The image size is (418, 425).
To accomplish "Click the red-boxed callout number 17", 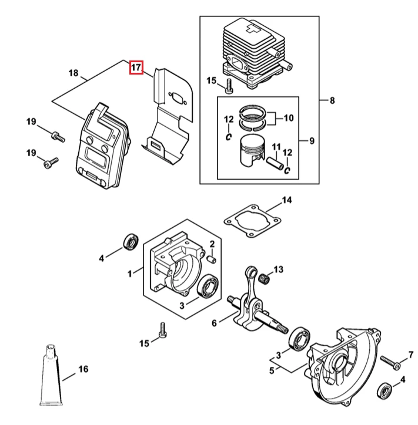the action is click(136, 67).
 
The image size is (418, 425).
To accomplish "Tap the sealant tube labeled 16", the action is click(51, 375).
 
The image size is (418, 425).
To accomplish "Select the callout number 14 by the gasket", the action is click(287, 200).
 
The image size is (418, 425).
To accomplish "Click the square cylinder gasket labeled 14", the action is click(252, 221).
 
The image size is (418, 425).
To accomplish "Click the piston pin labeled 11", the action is click(275, 163).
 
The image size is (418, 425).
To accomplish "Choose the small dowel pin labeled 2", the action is click(212, 259).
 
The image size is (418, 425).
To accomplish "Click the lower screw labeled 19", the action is click(51, 163).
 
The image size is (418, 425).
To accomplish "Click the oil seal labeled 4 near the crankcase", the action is click(131, 241).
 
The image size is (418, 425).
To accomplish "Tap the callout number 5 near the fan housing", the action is click(272, 370).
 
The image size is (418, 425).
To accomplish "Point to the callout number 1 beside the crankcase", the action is click(130, 274).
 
